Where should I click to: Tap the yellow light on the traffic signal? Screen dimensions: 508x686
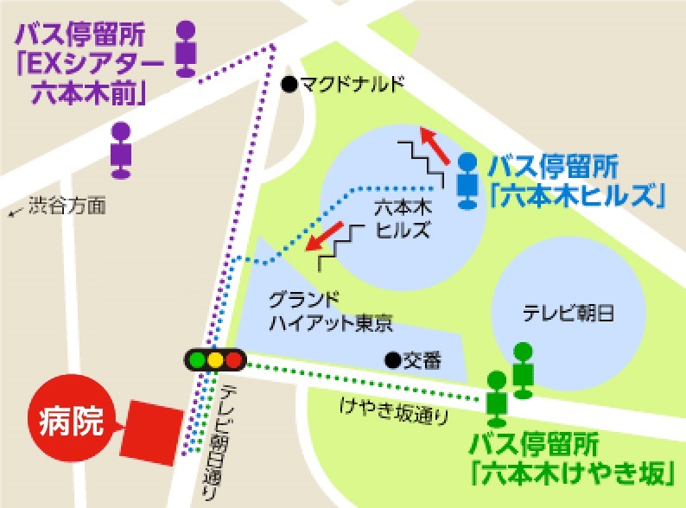pyautogui.click(x=216, y=359)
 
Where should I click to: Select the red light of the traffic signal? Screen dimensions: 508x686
pyautogui.click(x=233, y=359)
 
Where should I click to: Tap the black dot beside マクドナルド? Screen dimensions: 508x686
pyautogui.click(x=289, y=84)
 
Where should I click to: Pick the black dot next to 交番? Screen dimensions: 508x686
pyautogui.click(x=391, y=358)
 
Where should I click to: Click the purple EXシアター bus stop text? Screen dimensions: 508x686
pyautogui.click(x=87, y=65)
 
